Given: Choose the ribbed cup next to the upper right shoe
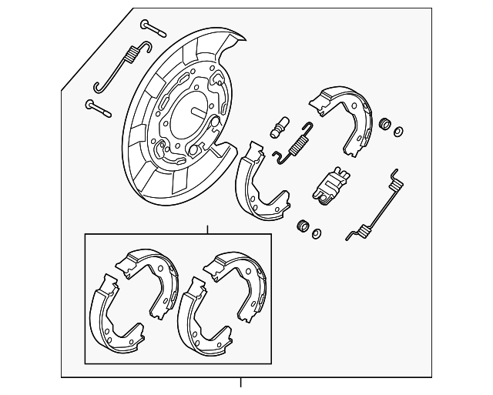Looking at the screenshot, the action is click(384, 124).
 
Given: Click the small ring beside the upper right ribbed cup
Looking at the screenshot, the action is click(398, 131).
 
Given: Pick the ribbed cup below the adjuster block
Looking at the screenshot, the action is click(304, 226).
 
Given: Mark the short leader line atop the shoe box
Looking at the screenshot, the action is click(208, 229).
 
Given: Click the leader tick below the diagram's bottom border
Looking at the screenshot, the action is click(241, 383).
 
